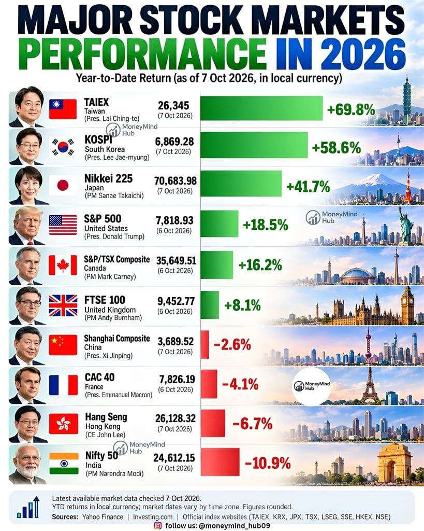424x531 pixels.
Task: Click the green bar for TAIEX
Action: click(261, 108)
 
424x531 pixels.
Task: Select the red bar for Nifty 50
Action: click(220, 462)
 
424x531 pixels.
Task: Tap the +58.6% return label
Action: click(336, 148)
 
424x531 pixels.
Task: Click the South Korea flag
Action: click(63, 147)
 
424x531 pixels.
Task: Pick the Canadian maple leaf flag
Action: click(63, 265)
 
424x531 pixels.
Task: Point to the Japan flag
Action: click(63, 186)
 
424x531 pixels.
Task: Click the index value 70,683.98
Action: click(176, 180)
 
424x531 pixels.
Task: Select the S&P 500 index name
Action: click(103, 218)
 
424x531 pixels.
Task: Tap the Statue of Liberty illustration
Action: click(405, 225)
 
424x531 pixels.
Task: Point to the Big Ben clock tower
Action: click(408, 305)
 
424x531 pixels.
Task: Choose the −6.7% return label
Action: click(252, 424)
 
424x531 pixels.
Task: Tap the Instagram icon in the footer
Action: click(158, 526)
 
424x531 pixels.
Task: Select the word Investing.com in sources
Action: click(153, 517)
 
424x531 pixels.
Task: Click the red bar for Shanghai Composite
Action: click(204, 344)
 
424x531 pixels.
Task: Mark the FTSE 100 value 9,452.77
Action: click(176, 301)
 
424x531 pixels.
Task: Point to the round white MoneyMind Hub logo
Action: click(312, 386)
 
